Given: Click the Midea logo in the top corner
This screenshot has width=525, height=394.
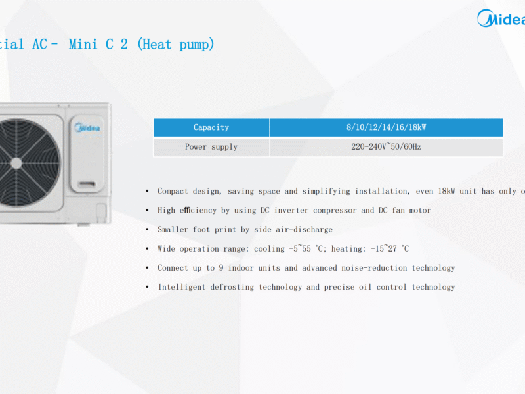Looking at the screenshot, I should point(500,18).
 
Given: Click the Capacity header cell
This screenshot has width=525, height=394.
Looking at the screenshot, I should point(211,127).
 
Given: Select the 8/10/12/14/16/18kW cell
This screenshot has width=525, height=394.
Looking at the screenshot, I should point(386,127).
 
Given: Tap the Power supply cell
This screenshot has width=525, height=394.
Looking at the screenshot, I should point(211,147).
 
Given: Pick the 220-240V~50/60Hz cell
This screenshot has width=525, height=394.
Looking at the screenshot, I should point(386,147).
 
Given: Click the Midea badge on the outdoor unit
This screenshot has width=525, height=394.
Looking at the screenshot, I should point(87,128).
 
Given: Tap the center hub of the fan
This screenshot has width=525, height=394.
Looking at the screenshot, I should point(16,162).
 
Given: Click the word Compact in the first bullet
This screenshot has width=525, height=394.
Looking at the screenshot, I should point(173,192).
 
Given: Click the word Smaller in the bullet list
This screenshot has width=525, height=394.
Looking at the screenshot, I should point(173,230).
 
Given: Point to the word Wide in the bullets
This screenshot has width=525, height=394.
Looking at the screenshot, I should point(166,249).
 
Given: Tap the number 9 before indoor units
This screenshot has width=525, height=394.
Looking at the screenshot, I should point(222,268).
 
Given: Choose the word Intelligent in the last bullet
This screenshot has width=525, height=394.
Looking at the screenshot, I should point(182,287).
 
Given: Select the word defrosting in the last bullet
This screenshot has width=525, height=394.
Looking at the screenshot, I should point(232,287).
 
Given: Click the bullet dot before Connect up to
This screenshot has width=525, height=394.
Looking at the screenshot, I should point(147,268).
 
